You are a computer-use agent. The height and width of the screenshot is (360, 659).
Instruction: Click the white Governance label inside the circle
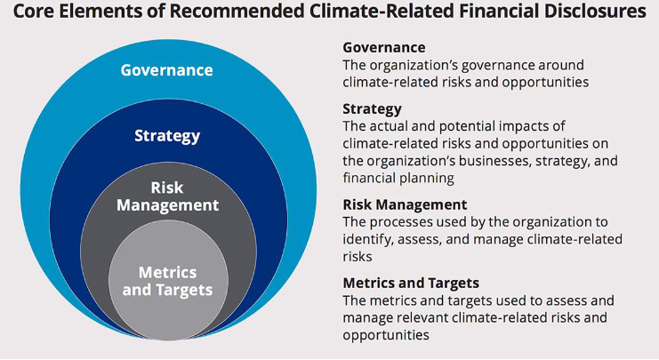click(x=167, y=69)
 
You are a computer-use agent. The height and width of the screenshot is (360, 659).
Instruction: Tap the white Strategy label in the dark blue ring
click(x=167, y=136)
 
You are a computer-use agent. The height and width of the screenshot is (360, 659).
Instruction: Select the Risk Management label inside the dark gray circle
click(x=168, y=196)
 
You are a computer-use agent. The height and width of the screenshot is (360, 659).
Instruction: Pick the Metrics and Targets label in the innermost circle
click(x=168, y=282)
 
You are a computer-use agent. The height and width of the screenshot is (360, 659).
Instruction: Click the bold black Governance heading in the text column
click(x=384, y=47)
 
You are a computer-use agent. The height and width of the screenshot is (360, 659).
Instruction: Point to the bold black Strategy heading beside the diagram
click(x=373, y=109)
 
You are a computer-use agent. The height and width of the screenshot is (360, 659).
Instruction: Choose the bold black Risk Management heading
click(x=406, y=204)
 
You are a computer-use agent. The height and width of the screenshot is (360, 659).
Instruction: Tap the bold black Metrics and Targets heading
click(x=411, y=284)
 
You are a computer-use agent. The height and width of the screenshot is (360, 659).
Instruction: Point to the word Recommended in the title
click(x=229, y=11)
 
